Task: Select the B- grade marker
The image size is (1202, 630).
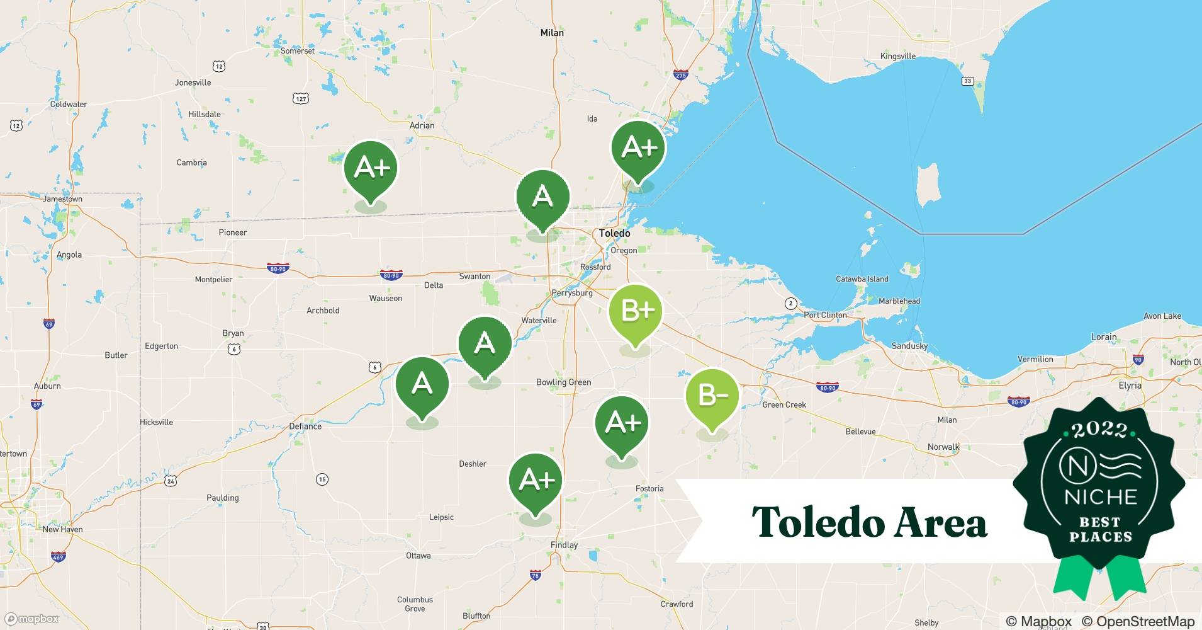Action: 712,397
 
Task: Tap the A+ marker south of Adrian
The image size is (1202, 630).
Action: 371,169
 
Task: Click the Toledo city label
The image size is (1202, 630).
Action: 614,233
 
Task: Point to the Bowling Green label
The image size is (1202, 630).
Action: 563,382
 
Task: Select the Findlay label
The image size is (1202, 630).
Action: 564,545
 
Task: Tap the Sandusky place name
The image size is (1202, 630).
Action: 909,346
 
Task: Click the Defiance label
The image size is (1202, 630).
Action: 305,427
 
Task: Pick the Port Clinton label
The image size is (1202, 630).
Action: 825,315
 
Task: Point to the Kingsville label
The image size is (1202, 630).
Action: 898,56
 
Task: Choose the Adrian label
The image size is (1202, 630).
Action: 422,125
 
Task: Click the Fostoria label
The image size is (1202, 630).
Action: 649,488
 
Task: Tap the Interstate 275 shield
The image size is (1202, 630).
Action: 680,74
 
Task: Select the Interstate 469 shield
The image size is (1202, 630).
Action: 58,556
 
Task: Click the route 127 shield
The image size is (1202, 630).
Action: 301,98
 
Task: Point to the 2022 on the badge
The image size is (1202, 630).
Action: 1099,430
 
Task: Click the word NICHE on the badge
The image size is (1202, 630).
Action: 1101,497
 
